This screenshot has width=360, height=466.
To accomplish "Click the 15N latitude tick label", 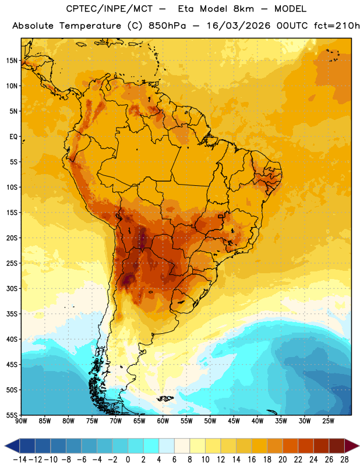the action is click(12, 61).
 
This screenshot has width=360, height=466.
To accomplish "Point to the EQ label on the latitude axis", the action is click(13, 137).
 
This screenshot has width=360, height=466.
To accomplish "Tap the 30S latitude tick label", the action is click(12, 288).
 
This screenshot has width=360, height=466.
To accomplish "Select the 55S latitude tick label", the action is click(12, 415).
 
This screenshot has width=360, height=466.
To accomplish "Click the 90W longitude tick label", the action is click(22, 421).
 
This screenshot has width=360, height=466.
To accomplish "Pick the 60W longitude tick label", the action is click(163, 421).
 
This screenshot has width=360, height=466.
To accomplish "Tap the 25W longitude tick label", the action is click(328, 421).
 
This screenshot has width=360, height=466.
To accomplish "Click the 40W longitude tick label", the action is click(257, 421).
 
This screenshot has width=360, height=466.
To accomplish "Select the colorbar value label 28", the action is click(344, 460).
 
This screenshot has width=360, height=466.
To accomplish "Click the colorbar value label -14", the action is click(20, 460).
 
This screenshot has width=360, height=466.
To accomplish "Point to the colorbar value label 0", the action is click(128, 460).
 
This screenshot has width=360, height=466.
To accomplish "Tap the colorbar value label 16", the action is click(252, 460).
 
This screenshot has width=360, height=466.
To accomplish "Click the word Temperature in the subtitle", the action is click(90, 26).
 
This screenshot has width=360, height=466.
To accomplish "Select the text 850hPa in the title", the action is click(167, 26).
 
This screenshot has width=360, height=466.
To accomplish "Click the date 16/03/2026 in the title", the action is click(238, 26).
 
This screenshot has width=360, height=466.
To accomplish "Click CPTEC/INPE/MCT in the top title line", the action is click(109, 9).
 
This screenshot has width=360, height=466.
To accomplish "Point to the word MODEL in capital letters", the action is click(290, 9).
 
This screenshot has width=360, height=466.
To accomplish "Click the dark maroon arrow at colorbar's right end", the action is click(352, 446).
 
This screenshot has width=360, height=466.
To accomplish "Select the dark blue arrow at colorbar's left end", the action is click(12, 446).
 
